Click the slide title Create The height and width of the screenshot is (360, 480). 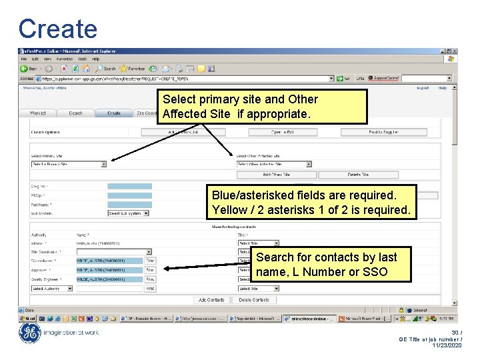point(58,29)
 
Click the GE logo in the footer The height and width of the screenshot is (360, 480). point(29,333)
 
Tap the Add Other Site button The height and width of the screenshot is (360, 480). point(276,175)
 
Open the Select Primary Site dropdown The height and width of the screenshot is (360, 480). point(69,163)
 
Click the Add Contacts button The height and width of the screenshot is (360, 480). point(211,300)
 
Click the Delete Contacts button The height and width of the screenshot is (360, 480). point(253,300)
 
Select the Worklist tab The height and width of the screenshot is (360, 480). point(38,113)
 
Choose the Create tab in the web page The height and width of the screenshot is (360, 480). point(114,113)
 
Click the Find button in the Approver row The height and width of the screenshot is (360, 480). point(150,270)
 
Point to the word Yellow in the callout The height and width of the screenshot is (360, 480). point(229,210)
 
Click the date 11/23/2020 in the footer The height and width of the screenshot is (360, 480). point(446,345)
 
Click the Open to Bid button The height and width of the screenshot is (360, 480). point(282,132)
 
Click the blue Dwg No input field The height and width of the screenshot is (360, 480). point(129,186)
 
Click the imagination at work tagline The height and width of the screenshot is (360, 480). point(71,333)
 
